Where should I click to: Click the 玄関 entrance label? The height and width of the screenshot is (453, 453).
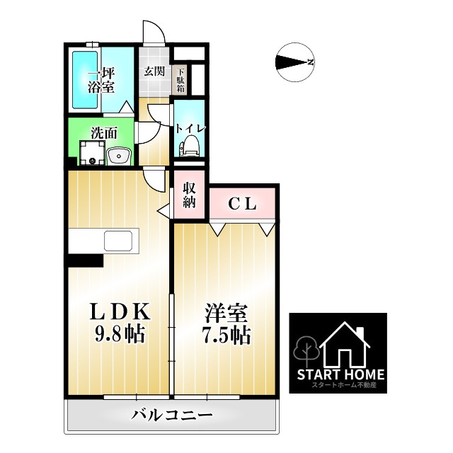(x=154, y=71)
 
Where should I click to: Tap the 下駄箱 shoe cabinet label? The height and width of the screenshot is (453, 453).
(x=180, y=81)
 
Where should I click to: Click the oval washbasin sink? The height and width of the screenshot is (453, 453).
(x=117, y=154)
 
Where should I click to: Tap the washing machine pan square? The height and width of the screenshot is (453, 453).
(x=91, y=152)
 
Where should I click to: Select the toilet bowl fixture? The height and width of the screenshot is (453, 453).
(x=188, y=146)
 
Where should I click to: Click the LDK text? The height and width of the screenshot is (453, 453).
(x=120, y=312)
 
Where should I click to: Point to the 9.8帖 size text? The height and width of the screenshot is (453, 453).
(x=119, y=334)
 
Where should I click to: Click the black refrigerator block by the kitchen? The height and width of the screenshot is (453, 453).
(x=86, y=258)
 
